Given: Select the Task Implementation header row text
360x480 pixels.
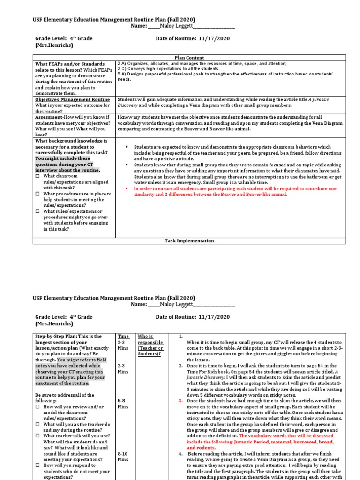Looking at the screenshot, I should point(189,241).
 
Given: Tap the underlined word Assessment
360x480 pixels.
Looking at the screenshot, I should point(49,117).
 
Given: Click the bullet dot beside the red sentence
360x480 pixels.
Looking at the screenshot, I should point(127,189).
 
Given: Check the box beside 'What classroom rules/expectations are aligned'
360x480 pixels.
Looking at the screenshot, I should point(38,176).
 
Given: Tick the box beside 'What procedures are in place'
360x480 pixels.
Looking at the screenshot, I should point(38,194).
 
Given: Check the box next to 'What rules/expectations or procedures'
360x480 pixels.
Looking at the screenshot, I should point(38,212).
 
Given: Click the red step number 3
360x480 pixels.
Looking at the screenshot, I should point(181,401).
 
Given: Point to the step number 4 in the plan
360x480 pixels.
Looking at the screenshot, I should point(181,454).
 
